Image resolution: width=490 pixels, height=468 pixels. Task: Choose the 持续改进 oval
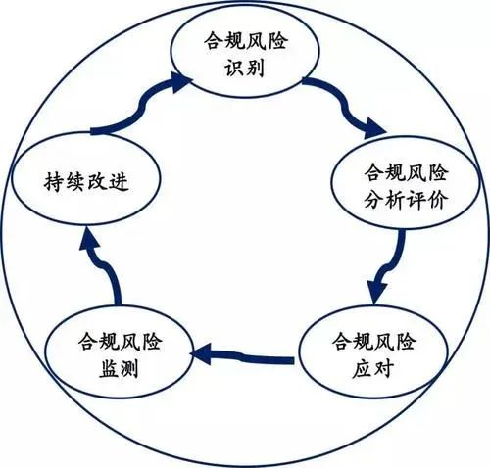coord(84,181)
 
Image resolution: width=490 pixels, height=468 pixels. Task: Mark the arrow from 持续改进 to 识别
coord(137,108)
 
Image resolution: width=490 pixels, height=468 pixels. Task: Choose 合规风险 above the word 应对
coord(373,342)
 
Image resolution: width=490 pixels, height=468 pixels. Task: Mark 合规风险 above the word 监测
coord(122,343)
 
